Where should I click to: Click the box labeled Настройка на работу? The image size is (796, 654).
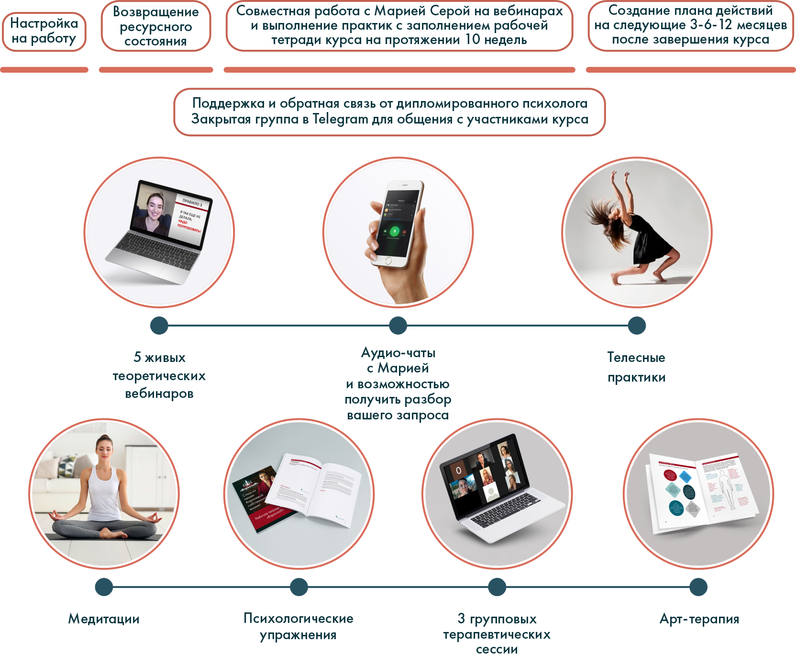[x=44, y=31]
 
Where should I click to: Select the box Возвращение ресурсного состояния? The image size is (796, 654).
[x=156, y=26]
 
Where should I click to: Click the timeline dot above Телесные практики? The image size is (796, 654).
[x=637, y=326]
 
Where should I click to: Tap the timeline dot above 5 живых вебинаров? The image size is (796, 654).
[x=159, y=326]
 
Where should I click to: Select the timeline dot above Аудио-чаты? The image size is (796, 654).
[x=398, y=326]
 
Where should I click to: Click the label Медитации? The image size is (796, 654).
[x=104, y=619]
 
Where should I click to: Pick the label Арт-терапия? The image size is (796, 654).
[x=699, y=619]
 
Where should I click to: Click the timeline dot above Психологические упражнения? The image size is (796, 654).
[x=299, y=587]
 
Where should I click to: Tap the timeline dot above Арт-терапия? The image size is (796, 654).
[x=698, y=587]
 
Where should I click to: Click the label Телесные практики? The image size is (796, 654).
[x=636, y=367]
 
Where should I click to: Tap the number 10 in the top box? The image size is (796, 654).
[x=473, y=40]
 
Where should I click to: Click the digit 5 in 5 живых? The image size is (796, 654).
[x=137, y=357]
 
